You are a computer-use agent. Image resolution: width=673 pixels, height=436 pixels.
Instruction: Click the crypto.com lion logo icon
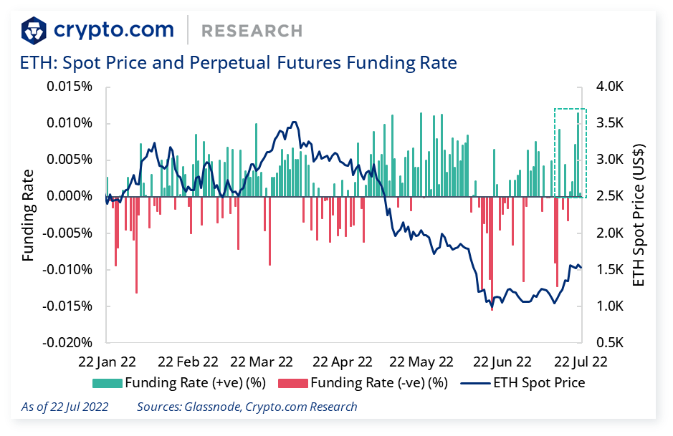tap(35, 30)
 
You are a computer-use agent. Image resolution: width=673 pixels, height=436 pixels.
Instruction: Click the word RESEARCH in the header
tap(252, 31)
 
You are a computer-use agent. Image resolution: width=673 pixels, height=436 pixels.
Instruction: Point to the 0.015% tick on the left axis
tap(69, 87)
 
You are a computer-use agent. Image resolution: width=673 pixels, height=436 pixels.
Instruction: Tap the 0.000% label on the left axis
tap(69, 196)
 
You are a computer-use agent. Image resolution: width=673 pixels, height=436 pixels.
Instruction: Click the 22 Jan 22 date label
tap(108, 362)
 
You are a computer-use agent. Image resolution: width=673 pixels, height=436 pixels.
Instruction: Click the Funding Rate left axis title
tap(29, 215)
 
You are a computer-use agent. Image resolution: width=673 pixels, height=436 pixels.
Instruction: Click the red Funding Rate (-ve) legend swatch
tap(292, 382)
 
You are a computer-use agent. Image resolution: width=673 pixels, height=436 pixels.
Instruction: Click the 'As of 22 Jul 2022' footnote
tap(65, 407)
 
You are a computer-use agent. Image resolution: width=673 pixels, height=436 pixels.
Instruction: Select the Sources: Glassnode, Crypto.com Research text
tap(247, 407)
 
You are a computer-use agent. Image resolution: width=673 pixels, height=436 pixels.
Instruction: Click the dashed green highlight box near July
tap(571, 152)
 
